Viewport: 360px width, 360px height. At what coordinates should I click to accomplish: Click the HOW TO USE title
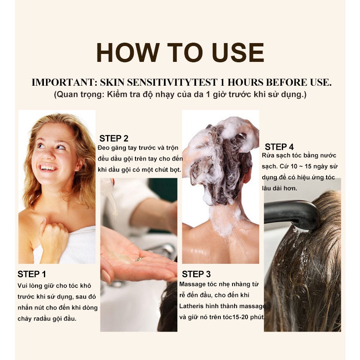pos(180,53)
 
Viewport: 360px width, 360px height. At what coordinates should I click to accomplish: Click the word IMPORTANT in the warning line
pos(63,82)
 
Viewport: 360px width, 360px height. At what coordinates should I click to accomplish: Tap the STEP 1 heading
pos(32,274)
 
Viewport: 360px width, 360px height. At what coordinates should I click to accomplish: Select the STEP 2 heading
pos(114,138)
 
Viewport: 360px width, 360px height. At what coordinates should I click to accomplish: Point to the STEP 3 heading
pos(196,274)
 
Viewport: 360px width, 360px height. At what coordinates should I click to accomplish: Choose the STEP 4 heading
pos(279,147)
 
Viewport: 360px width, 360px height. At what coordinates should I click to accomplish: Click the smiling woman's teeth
pos(48,168)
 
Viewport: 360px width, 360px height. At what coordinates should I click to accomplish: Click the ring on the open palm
pos(139,259)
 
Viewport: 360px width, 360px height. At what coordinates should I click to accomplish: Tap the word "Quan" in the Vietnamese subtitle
pos(66,94)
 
